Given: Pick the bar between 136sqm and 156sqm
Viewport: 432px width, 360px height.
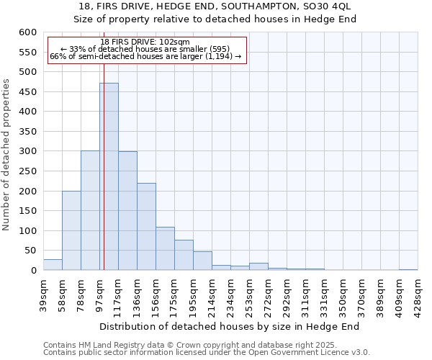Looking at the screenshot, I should pos(146,227).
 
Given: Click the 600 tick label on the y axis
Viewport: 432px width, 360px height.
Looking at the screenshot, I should pos(27,32).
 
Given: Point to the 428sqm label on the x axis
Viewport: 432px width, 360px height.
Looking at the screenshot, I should pos(418,293).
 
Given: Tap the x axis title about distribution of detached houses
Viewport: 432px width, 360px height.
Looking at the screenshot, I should pos(230,327).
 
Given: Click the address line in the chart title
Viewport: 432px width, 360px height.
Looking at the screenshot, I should pos(215,6).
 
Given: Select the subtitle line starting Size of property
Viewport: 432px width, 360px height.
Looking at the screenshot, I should pos(215,19).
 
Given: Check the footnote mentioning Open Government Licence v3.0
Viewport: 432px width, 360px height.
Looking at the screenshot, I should pos(207,352).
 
